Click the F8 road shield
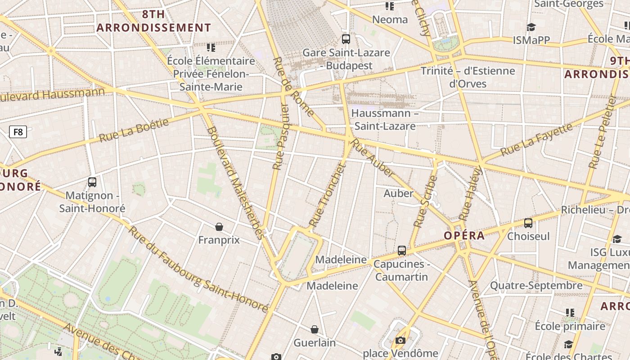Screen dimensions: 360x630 coord(18,132)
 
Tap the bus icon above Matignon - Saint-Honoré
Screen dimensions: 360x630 coord(92,182)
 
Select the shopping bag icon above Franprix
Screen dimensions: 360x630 coord(219,226)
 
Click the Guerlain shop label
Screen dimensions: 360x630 coord(315,342)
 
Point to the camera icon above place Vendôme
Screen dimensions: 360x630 coord(400,341)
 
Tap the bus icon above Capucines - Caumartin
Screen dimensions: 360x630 coord(402,251)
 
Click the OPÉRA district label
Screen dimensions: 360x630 coord(464,235)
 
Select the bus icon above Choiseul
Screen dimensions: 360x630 coord(528,223)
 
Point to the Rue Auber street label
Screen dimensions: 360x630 coord(373,157)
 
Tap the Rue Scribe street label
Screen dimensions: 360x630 coord(425,201)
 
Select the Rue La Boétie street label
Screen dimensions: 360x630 coord(134,130)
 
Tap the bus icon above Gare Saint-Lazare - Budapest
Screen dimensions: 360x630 coord(346,39)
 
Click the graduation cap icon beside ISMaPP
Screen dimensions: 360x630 coord(531,27)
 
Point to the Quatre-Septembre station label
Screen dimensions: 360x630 coord(536,285)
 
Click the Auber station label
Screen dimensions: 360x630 coord(398,193)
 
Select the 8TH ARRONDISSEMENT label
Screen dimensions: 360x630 coord(153,21)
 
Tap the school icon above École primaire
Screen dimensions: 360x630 coord(570,312)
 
